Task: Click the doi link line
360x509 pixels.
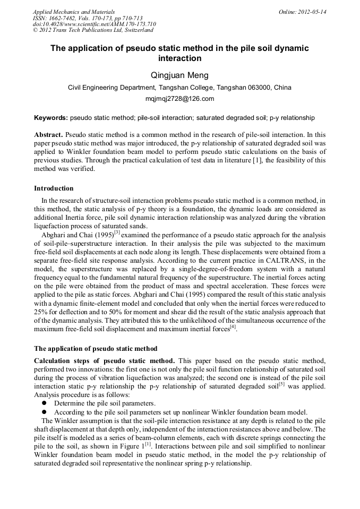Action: coord(95,24)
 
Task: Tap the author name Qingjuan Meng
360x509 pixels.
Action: coord(179,75)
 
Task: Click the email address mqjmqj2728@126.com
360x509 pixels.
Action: coord(179,99)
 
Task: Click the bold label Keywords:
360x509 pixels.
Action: coord(51,117)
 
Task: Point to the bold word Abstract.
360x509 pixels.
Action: coord(48,135)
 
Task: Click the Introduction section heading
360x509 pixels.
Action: coord(54,188)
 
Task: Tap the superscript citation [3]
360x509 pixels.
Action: coord(117,231)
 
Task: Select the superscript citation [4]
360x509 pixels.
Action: coord(233,326)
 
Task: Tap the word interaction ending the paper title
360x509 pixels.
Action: coord(179,58)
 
